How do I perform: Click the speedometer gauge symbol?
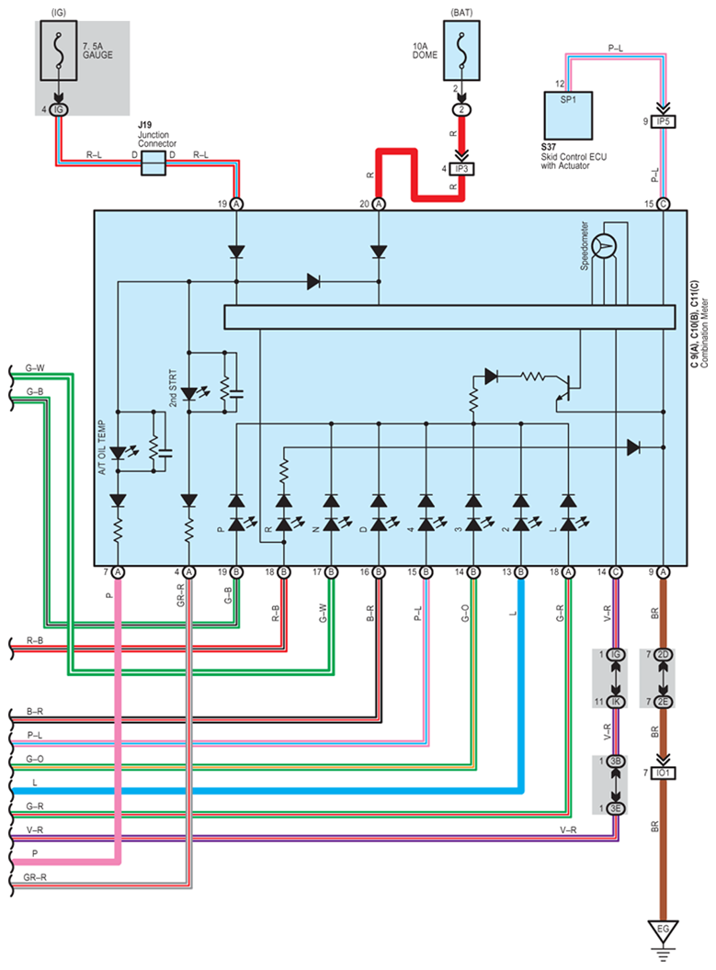(x=605, y=243)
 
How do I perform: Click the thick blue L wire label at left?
(x=35, y=782)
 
